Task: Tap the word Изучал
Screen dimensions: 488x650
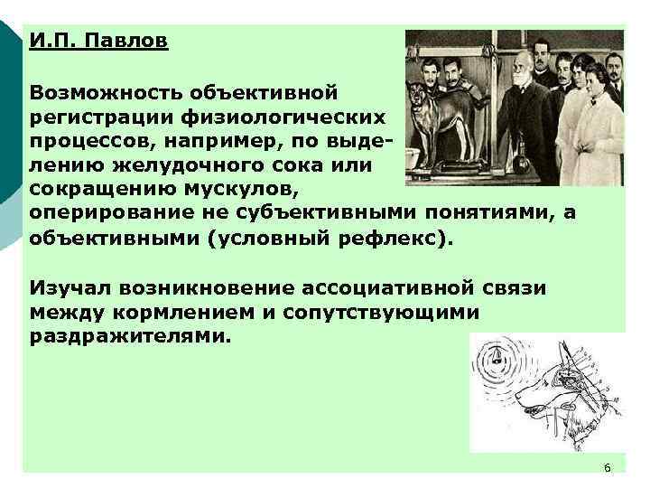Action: pos(68,288)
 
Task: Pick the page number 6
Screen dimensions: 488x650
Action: pos(607,467)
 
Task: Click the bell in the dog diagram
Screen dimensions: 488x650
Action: pos(496,361)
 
